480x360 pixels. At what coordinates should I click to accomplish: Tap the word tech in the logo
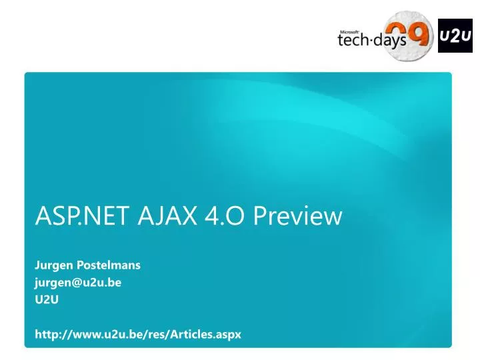click(354, 42)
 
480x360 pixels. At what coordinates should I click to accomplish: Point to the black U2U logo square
click(455, 35)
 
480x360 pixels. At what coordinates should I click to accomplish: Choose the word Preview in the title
click(299, 216)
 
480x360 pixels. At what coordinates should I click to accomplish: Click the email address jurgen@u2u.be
click(77, 282)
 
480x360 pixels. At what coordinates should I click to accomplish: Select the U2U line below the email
click(47, 299)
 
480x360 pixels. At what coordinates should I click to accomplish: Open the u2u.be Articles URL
click(137, 334)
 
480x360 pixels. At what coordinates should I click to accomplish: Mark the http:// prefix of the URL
click(49, 334)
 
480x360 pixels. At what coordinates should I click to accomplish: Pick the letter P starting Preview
click(262, 216)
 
